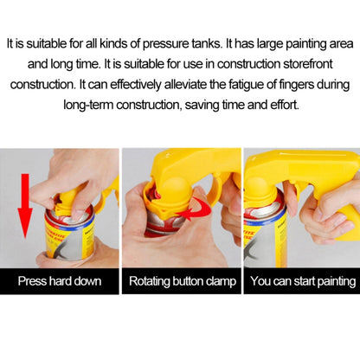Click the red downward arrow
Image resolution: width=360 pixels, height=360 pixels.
click(25, 205)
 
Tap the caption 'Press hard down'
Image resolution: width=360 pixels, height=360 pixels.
click(60, 281)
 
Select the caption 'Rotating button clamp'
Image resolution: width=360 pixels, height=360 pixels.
click(183, 281)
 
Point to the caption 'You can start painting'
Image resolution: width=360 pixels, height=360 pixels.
click(303, 281)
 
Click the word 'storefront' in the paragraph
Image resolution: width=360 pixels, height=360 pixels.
click(308, 64)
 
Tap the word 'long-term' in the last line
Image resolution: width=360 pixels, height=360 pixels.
click(88, 105)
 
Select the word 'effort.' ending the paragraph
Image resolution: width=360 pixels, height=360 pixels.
click(285, 105)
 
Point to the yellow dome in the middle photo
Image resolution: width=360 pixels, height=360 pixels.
click(176, 189)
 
